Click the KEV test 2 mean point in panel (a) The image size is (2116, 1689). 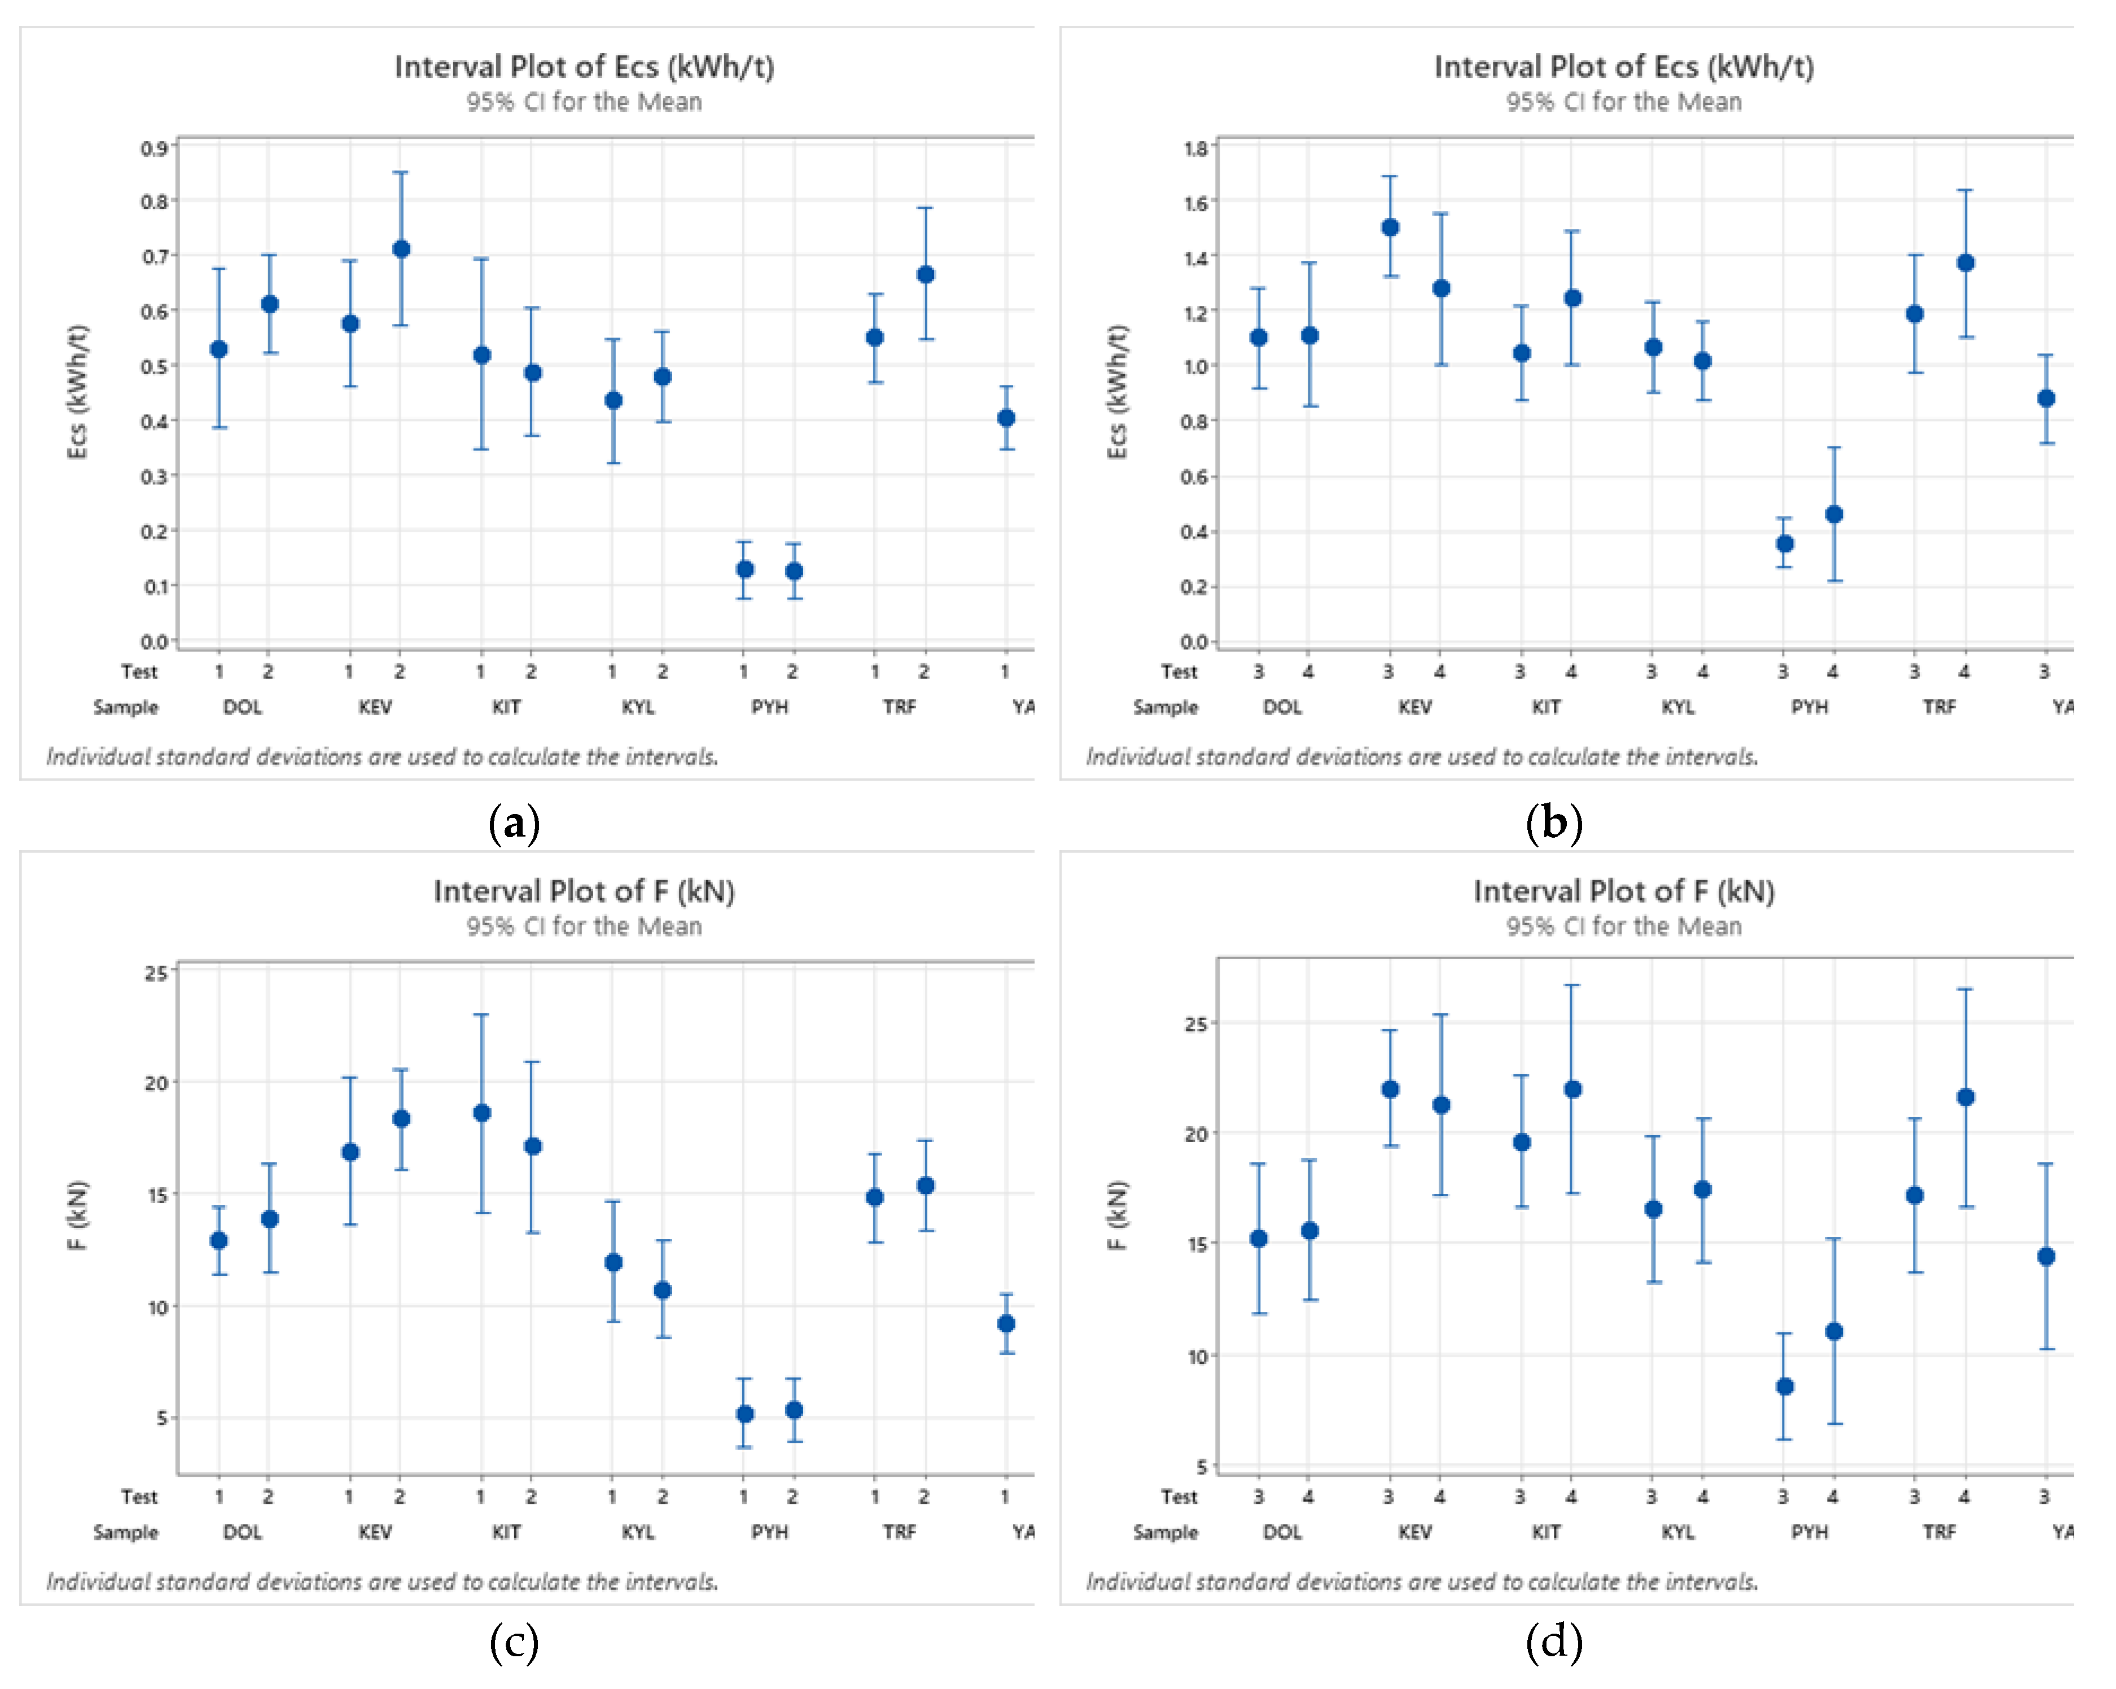click(x=400, y=250)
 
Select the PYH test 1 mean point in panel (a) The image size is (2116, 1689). click(x=745, y=569)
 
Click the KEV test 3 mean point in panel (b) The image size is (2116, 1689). click(x=1390, y=227)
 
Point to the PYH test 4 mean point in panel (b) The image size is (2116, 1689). click(x=1833, y=514)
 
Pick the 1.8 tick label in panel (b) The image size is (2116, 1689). click(x=1195, y=148)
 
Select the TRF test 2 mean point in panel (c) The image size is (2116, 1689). click(x=925, y=1185)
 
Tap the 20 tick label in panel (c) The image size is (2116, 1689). click(x=156, y=1083)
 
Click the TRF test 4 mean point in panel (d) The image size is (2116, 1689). click(x=1965, y=1097)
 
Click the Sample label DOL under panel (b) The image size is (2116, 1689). click(x=1282, y=707)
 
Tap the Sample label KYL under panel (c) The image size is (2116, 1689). click(x=638, y=1532)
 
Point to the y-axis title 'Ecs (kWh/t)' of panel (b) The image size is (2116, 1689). click(x=1117, y=392)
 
